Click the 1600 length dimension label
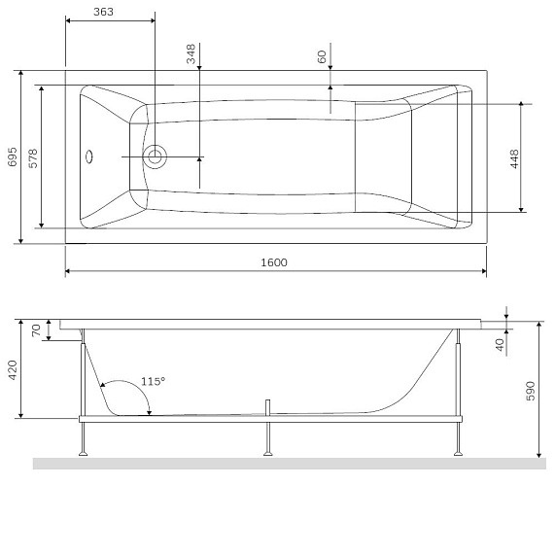pos(273,262)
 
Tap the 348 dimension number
pos(191,53)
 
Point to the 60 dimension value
pos(322,56)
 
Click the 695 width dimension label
pos(13,156)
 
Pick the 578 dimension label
pos(33,156)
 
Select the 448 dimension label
pos(513,156)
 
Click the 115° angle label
pos(153,381)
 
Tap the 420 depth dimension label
pos(13,369)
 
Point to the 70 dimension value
pos(37,330)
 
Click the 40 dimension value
pos(500,343)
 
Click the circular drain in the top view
pos(155,156)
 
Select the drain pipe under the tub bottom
pos(265,406)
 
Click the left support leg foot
pos(84,454)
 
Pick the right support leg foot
pos(457,454)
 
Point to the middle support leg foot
pos(265,454)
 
